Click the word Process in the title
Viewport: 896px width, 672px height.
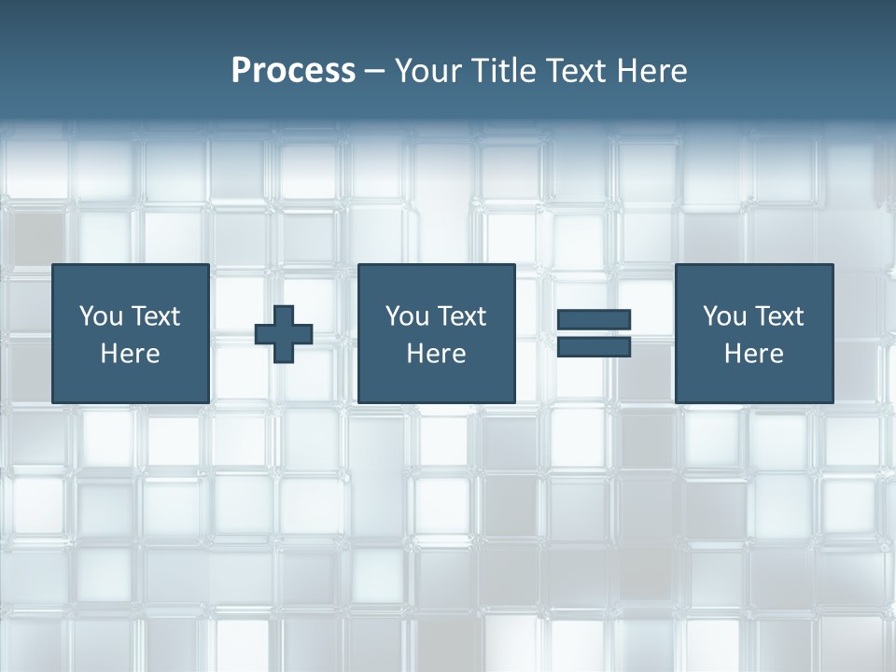click(x=293, y=71)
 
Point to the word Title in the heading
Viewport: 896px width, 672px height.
click(x=502, y=71)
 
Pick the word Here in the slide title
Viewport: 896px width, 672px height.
click(x=651, y=71)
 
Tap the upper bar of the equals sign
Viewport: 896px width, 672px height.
click(x=594, y=319)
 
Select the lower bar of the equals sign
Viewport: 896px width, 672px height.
click(x=594, y=347)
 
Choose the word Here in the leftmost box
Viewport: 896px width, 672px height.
click(x=130, y=354)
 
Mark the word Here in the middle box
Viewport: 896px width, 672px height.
click(x=436, y=354)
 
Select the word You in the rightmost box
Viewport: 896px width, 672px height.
click(x=724, y=316)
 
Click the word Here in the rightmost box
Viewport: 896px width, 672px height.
click(x=753, y=354)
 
